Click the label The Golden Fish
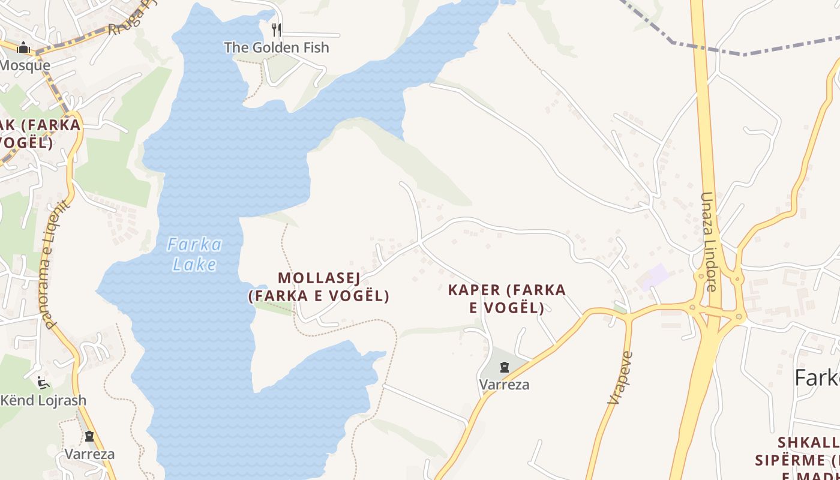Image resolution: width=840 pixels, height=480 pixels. pos(277,47)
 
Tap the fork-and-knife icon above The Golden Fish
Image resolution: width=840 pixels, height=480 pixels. pos(277,29)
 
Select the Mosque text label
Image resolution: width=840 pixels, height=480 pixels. pos(25,65)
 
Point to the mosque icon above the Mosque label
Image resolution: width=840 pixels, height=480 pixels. pos(24,47)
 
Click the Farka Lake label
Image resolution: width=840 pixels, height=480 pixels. pos(194,254)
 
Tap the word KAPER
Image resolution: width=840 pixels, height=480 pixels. pos(473,290)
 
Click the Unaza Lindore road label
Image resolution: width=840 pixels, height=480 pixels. pos(709,241)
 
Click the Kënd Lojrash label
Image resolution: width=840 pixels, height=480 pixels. pos(43,400)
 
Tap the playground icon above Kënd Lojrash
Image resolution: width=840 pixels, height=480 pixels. pos(42,382)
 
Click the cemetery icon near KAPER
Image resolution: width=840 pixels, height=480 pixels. pos(505,367)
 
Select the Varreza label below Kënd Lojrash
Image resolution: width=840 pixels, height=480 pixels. pos(89,454)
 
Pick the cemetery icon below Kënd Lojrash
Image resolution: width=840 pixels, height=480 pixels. pos(89,436)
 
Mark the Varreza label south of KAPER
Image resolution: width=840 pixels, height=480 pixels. pos(505,384)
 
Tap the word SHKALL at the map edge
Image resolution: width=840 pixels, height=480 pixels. pos(808,443)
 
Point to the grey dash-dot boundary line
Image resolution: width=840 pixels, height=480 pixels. pos(744,54)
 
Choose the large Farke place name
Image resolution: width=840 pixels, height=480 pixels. pos(817,378)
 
